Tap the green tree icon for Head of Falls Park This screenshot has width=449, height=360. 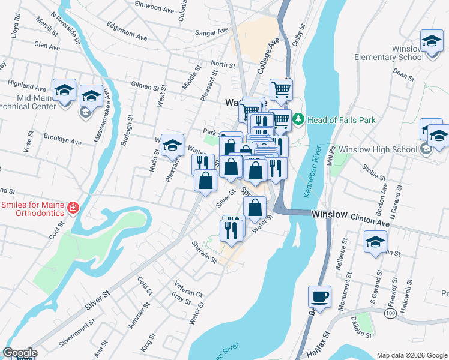[299, 120]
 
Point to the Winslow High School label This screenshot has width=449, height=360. [378, 149]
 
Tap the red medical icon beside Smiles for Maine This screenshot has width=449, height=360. [73, 208]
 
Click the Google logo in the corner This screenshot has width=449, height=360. [19, 353]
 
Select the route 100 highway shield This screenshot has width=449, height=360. [390, 314]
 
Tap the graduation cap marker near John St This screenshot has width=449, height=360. [376, 242]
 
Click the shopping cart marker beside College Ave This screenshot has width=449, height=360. [281, 91]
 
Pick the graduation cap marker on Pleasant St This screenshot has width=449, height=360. [172, 145]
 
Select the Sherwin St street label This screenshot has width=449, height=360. [203, 251]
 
